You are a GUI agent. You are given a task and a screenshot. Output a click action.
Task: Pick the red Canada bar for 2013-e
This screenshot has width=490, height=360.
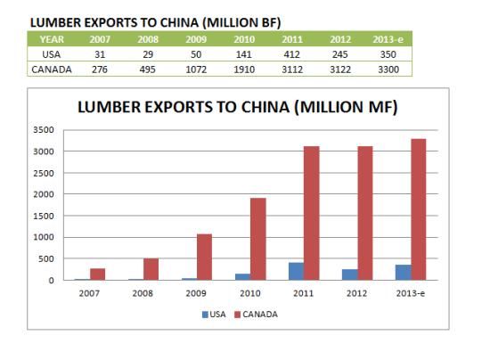[419, 209]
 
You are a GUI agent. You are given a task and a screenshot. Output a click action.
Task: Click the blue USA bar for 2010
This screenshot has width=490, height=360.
[241, 276]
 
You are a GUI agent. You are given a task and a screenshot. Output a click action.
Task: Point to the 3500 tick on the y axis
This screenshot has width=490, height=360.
[54, 130]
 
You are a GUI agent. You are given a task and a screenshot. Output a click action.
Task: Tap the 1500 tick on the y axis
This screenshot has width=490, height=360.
[54, 216]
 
